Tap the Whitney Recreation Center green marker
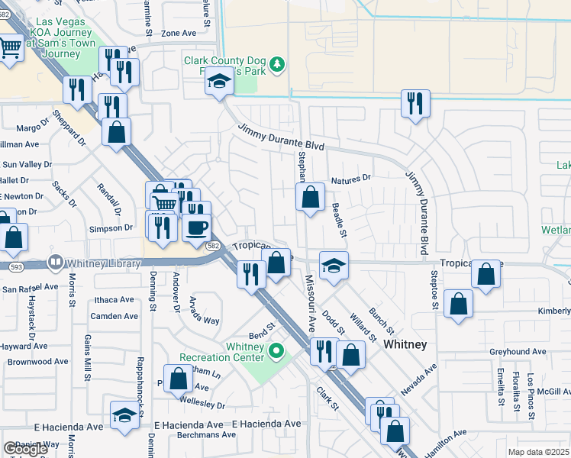pyautogui.click(x=277, y=352)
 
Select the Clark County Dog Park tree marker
pyautogui.click(x=279, y=64)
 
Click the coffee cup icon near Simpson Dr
pyautogui.click(x=196, y=227)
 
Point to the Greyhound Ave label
pyautogui.click(x=518, y=352)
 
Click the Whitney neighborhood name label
pyautogui.click(x=404, y=344)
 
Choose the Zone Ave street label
pyautogui.click(x=179, y=34)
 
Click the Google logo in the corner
pyautogui.click(x=25, y=449)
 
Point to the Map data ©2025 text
pyautogui.click(x=538, y=452)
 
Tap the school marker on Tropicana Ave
pyautogui.click(x=334, y=266)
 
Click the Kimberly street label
pyautogui.click(x=553, y=311)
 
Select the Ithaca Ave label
pyautogui.click(x=114, y=300)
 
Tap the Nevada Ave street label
pyautogui.click(x=418, y=379)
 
